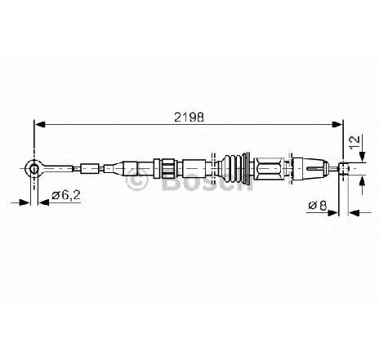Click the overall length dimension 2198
click(189, 117)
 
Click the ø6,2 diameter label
click(66, 195)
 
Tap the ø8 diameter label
click(318, 205)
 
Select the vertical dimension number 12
click(354, 141)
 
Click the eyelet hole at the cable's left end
click(33, 169)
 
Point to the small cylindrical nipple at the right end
click(344, 168)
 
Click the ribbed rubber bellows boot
click(234, 169)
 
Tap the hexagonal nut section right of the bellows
click(269, 169)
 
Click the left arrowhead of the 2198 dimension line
click(40, 124)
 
